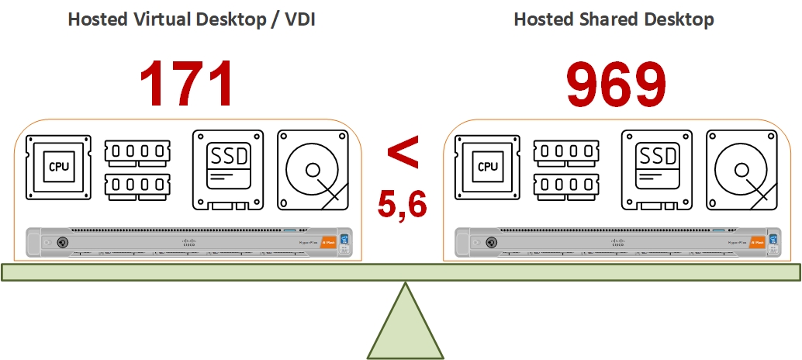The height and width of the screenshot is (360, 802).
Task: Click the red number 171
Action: coord(186,84)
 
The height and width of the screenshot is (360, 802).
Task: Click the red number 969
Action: coord(617,84)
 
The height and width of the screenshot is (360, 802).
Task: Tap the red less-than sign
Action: coord(403,152)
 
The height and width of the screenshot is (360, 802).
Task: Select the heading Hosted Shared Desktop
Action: coord(614,19)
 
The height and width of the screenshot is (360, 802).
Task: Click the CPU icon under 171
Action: coord(59,167)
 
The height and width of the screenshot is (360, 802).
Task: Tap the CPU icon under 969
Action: coord(488,167)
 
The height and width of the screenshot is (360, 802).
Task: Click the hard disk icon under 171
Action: coord(313,170)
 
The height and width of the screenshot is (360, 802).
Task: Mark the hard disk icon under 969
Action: coord(742,170)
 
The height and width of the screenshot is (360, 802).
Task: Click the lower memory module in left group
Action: coord(137,186)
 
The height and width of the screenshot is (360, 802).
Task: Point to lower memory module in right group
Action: coord(566,186)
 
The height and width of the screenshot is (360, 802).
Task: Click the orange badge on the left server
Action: coord(327,241)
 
